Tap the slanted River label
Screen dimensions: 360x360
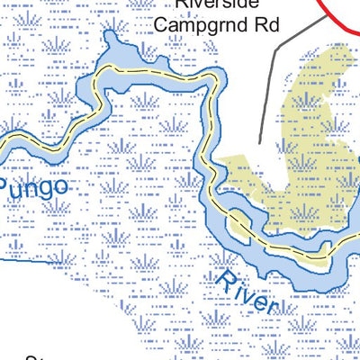pyautogui.click(x=247, y=289)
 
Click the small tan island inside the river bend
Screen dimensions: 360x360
pyautogui.click(x=238, y=226)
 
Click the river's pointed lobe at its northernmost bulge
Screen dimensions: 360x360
pyautogui.click(x=111, y=38)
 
